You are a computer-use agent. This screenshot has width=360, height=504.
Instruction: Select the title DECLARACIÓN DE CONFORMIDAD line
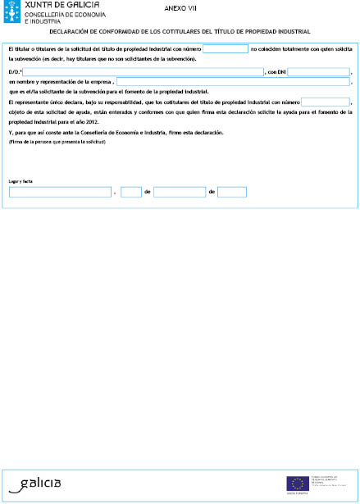(180, 32)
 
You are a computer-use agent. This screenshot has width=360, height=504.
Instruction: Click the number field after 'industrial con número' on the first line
(225, 49)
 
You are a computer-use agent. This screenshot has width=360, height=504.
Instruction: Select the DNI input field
(318, 72)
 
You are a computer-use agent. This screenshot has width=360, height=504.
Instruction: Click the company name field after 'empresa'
(233, 82)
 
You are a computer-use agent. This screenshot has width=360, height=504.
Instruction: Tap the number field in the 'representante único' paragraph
(326, 102)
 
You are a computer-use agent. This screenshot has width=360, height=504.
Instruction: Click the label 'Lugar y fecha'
(21, 180)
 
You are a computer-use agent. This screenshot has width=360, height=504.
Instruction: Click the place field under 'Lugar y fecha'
(60, 192)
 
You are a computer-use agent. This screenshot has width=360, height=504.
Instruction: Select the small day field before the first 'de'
(131, 192)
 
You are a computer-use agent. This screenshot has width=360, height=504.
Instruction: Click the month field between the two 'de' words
(179, 192)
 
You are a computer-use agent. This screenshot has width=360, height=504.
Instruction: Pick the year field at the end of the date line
(232, 192)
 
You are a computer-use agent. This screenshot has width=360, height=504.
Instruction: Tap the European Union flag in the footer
(297, 484)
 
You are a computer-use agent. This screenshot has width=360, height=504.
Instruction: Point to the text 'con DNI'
(276, 72)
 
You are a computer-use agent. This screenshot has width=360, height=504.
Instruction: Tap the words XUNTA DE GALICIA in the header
(64, 6)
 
